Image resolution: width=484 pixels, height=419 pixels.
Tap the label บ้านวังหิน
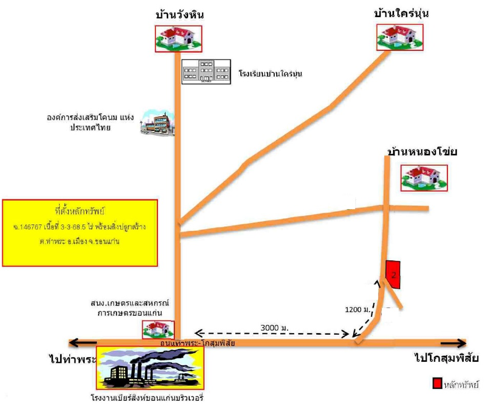[x=180, y=15]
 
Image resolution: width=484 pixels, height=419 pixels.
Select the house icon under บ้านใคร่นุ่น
[x=400, y=37]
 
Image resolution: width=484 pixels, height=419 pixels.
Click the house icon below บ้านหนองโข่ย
[x=424, y=178]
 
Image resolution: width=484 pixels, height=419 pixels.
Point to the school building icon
[x=206, y=71]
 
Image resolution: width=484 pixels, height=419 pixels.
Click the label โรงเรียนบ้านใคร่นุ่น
[x=270, y=73]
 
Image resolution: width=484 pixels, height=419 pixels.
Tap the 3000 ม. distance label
[x=274, y=328]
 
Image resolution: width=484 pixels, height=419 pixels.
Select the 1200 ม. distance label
[x=358, y=310]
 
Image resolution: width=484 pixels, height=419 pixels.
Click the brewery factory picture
[x=150, y=368]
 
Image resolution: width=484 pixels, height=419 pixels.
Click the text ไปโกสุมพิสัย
[x=447, y=358]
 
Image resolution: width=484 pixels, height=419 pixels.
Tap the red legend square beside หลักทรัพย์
[x=437, y=383]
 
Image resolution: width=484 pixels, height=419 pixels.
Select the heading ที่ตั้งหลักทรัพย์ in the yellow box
[x=79, y=211]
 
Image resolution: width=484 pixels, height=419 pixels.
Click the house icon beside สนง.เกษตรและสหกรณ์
[x=158, y=329]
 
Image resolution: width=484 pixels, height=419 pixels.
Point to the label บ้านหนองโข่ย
[x=422, y=152]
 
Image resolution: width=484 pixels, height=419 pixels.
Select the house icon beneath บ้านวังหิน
[x=178, y=39]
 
